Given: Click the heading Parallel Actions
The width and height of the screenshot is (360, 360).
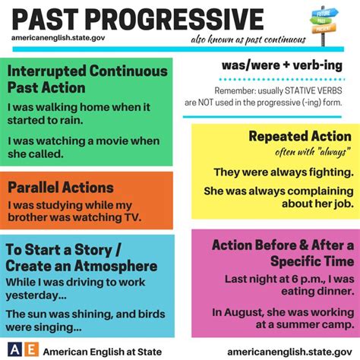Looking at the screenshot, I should [x=61, y=188].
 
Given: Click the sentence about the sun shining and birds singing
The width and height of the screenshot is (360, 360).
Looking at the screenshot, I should [x=84, y=321].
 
